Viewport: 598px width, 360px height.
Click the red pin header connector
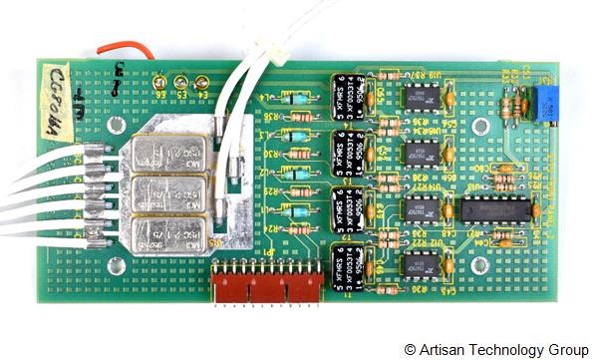click(266, 282)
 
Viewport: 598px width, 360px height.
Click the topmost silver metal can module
click(166, 153)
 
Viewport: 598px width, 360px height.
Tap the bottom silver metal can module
click(166, 230)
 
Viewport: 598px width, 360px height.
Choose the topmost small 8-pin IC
click(423, 97)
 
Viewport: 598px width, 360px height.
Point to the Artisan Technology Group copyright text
click(489, 349)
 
